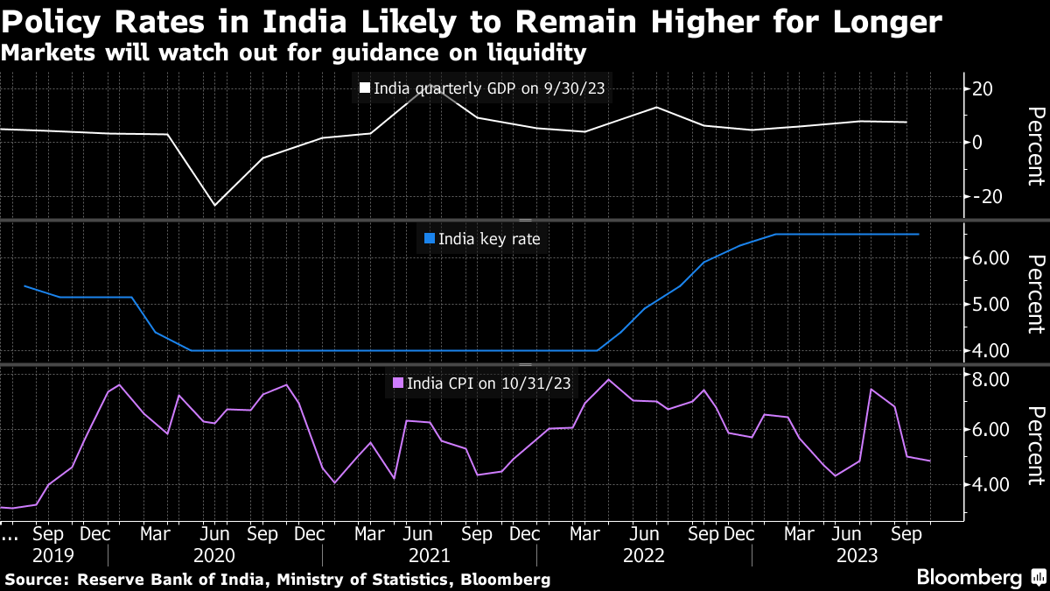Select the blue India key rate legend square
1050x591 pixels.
429,238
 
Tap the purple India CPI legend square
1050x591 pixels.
398,383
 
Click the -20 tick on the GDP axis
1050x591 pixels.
983,197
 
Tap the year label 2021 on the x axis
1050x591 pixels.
429,556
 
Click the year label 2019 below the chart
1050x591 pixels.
52,556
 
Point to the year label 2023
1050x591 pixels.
857,556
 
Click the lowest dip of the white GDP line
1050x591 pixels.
215,205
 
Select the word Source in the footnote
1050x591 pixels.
37,580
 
